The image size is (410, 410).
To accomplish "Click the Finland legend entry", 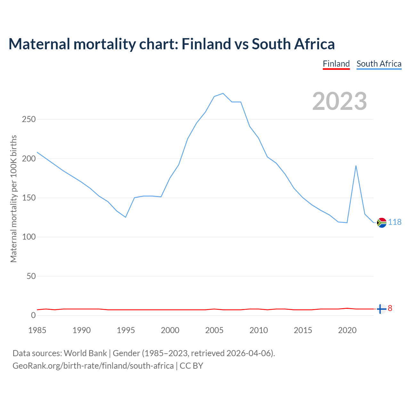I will pos(336,64).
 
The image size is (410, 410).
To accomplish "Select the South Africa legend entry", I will pos(379,64).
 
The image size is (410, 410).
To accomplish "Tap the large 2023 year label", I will pos(340,101).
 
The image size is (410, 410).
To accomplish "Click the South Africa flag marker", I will pos(381,222).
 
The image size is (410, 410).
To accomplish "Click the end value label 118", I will pos(395,222).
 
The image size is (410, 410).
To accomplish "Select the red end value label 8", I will pos(390,308).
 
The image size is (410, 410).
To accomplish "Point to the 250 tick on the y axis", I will pos(29,119).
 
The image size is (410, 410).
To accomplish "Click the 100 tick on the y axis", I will pos(29,237).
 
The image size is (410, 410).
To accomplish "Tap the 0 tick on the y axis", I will pos(33,316).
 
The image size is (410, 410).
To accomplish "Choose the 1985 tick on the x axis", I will pos(37,330).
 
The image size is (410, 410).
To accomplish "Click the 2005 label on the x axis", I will pos(214,330).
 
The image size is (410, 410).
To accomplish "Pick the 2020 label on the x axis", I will pos(347,330).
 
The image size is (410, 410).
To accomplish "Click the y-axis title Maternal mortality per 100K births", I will pos(13,199).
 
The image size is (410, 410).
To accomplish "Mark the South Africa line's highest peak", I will pos(223,94).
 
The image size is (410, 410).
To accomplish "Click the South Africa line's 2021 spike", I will pos(356,166).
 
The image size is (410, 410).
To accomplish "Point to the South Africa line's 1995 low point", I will pos(126,217).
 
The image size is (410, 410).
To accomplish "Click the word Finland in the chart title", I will pos(206,44).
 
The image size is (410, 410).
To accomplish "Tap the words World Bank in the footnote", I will pos(85,353).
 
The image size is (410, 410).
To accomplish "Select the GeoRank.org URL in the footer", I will pos(93,366).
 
